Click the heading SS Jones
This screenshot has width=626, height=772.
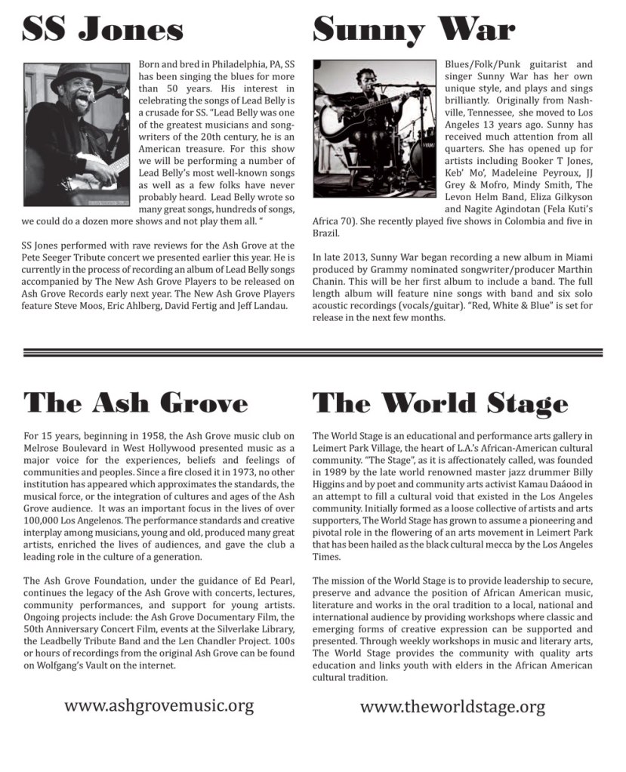pyautogui.click(x=102, y=31)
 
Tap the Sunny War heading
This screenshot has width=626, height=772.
pyautogui.click(x=413, y=31)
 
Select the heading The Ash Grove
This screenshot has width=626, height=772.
pyautogui.click(x=135, y=402)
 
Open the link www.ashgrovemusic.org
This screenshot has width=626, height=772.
pyautogui.click(x=159, y=706)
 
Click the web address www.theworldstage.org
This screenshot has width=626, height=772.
pyautogui.click(x=452, y=707)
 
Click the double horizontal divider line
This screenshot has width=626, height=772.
pyautogui.click(x=313, y=352)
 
